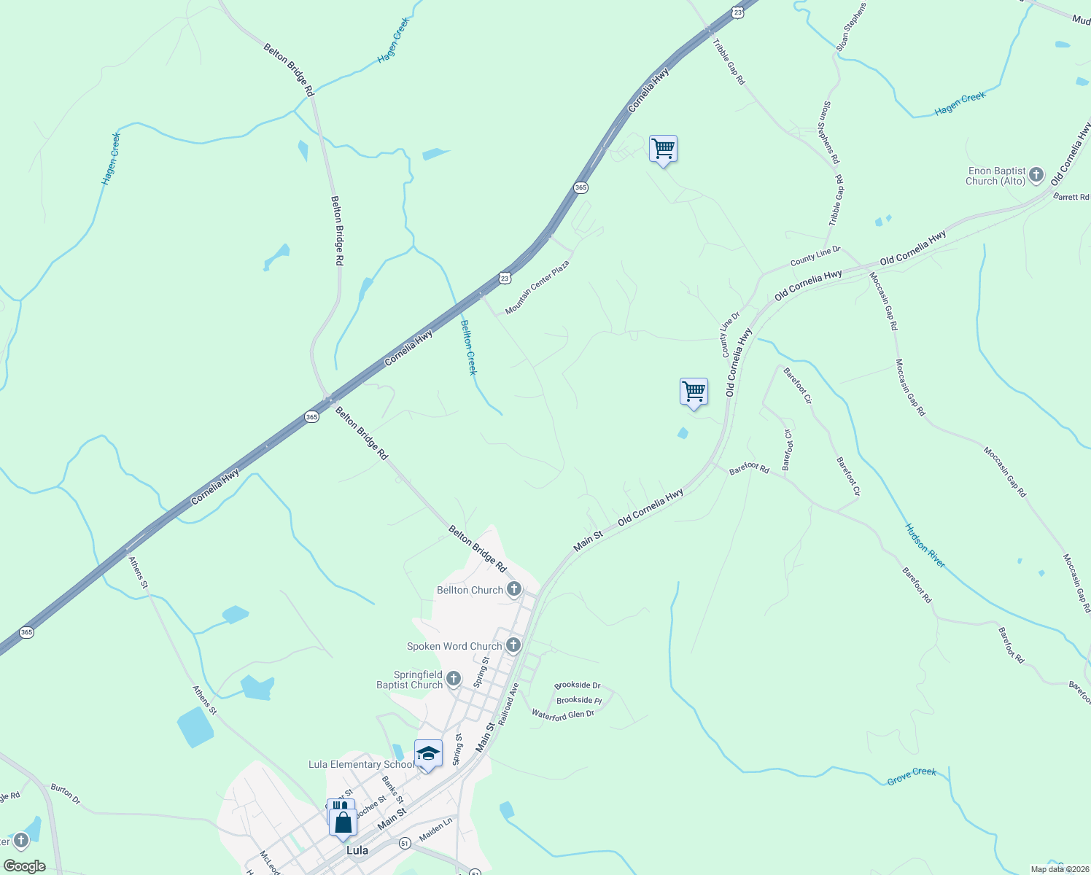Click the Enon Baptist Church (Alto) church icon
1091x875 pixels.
tap(1036, 176)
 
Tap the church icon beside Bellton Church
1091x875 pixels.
tap(514, 589)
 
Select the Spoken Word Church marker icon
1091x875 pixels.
tap(513, 645)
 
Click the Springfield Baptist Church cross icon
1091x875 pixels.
tap(453, 680)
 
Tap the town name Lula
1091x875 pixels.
tap(357, 850)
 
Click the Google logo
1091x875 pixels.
tap(25, 866)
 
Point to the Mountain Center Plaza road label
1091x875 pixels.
tap(537, 287)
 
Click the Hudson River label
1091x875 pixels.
tap(925, 545)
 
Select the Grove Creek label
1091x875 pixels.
tap(912, 777)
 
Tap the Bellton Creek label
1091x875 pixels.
tap(469, 347)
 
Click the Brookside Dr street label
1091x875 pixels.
tap(577, 685)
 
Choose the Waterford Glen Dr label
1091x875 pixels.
tap(563, 715)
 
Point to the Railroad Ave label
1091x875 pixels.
tap(508, 704)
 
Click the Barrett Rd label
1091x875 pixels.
tap(1071, 198)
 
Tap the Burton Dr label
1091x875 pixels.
tap(66, 794)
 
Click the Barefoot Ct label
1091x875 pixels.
tap(788, 450)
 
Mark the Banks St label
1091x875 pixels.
tap(393, 790)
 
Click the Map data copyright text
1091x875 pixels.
tap(1060, 869)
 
